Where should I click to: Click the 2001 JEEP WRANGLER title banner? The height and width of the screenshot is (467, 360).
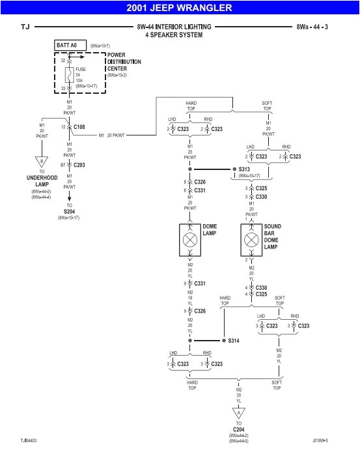tap(180, 8)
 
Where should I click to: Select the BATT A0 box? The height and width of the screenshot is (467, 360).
tap(70, 46)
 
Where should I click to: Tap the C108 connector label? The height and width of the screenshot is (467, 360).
tap(79, 126)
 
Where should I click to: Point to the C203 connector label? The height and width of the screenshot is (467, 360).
tap(79, 165)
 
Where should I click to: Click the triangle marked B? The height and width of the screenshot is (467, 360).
tap(42, 162)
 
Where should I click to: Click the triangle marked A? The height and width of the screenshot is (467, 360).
tap(238, 413)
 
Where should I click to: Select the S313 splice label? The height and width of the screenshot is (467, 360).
tap(245, 169)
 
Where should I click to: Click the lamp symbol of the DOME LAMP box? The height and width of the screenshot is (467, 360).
tap(191, 240)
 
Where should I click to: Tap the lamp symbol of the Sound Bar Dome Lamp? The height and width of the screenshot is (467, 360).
tap(252, 240)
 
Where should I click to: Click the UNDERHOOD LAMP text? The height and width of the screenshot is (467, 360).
tap(42, 180)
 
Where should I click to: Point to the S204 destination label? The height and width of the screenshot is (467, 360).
tap(70, 210)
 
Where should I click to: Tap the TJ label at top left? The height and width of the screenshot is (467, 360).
tap(25, 27)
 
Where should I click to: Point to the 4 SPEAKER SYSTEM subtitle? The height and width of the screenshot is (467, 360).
tap(174, 35)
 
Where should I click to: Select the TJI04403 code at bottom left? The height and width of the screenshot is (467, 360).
tap(29, 441)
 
